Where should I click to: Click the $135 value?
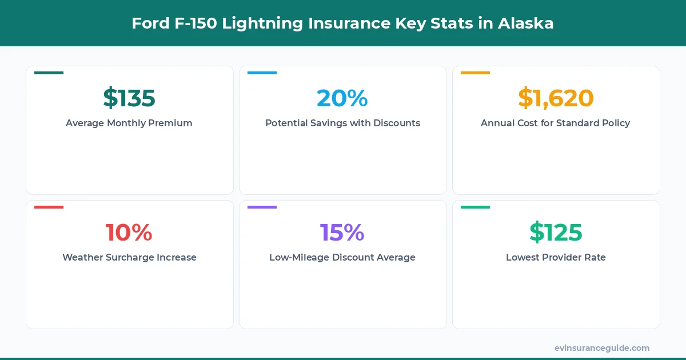tap(129, 98)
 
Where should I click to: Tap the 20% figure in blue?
tap(342, 98)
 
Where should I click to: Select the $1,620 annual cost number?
tap(556, 98)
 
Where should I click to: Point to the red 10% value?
tap(129, 233)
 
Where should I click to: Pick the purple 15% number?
tap(342, 233)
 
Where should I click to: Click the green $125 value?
tap(556, 233)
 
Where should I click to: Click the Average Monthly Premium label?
tap(129, 123)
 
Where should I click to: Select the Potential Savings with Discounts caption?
tap(342, 123)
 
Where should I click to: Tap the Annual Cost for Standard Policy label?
tap(556, 123)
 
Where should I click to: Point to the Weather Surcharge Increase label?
tap(129, 257)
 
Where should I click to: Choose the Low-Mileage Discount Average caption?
tap(342, 257)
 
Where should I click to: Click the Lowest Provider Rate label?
tap(556, 257)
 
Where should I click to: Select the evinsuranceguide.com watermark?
tap(602, 348)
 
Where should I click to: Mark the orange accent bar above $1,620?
tap(475, 73)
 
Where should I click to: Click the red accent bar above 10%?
tap(49, 207)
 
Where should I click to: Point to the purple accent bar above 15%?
tap(262, 207)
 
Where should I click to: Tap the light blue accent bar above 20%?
tap(262, 73)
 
